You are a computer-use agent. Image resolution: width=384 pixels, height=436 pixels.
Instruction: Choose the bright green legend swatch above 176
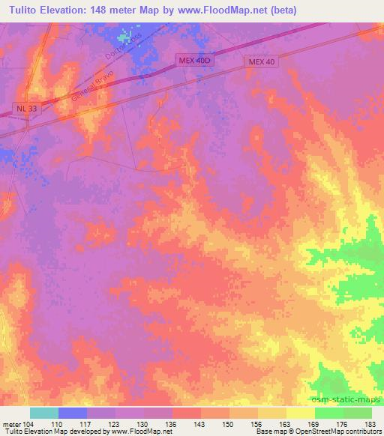(329, 413)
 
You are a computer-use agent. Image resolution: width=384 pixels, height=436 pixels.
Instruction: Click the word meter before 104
(10, 423)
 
